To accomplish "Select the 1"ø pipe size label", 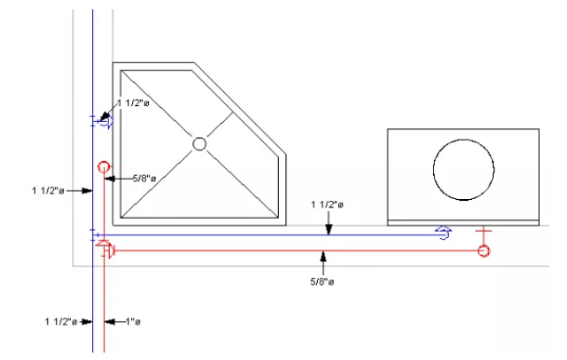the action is (133, 321).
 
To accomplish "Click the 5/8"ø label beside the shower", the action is (144, 179).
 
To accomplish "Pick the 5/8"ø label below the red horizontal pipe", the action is (323, 282).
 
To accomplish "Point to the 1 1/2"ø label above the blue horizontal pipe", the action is (327, 205).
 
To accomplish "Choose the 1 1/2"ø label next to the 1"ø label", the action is (61, 321).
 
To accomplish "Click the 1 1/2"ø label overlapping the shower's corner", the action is (133, 103).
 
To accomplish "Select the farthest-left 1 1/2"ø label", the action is (48, 191).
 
